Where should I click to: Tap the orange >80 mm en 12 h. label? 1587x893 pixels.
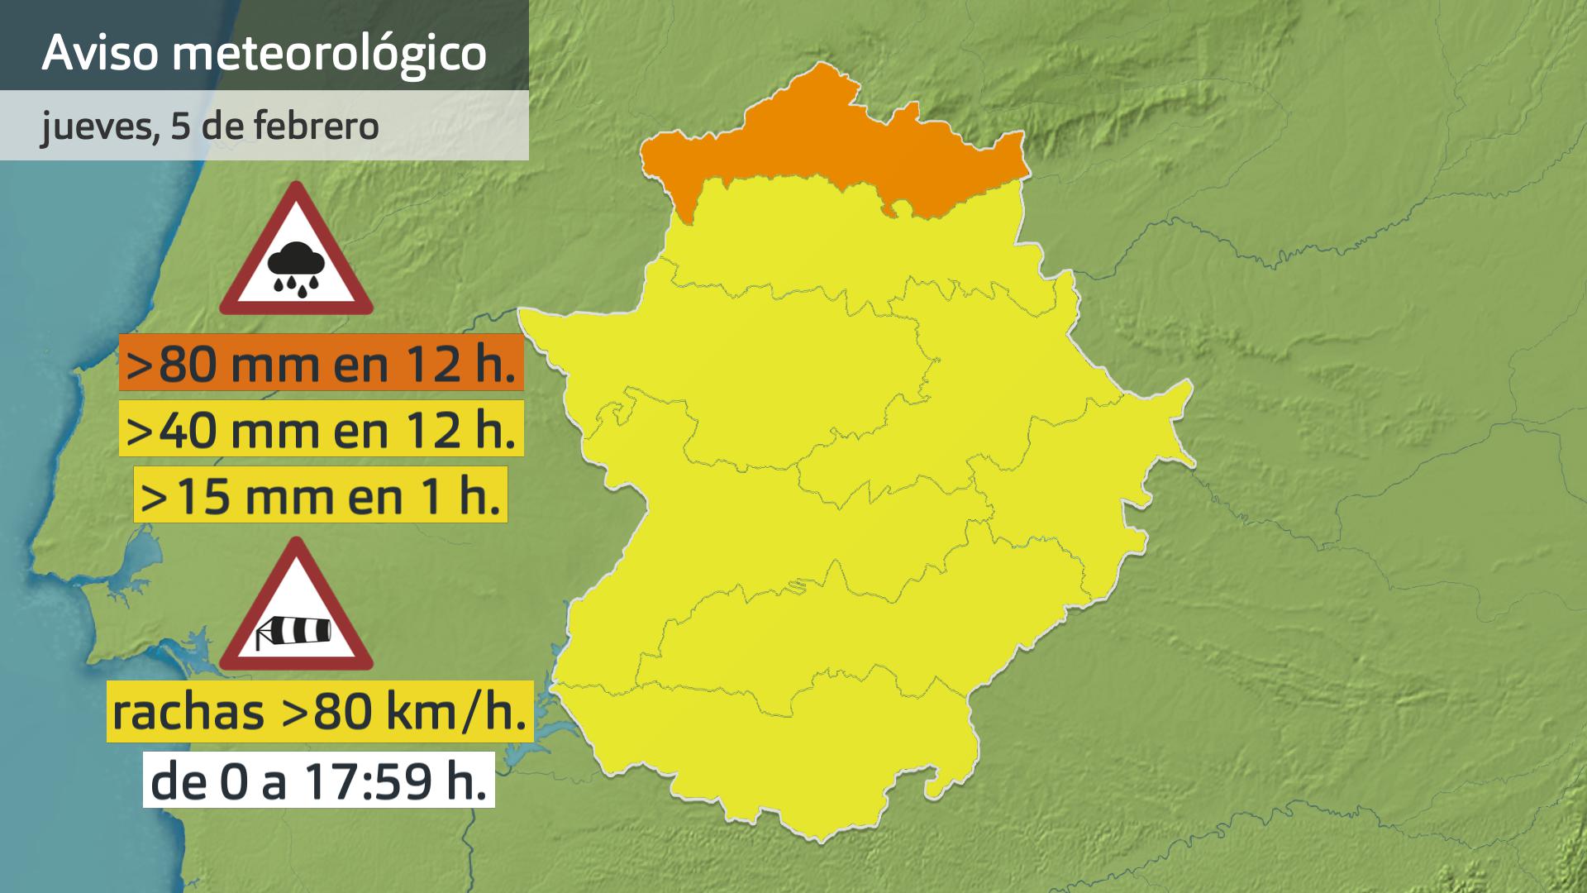click(x=322, y=363)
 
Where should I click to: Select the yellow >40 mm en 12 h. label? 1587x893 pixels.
click(x=322, y=429)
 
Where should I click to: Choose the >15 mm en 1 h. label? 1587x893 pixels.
click(x=321, y=496)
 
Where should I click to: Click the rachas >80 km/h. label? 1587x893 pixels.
click(x=320, y=712)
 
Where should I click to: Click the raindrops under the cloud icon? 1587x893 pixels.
click(x=296, y=286)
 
